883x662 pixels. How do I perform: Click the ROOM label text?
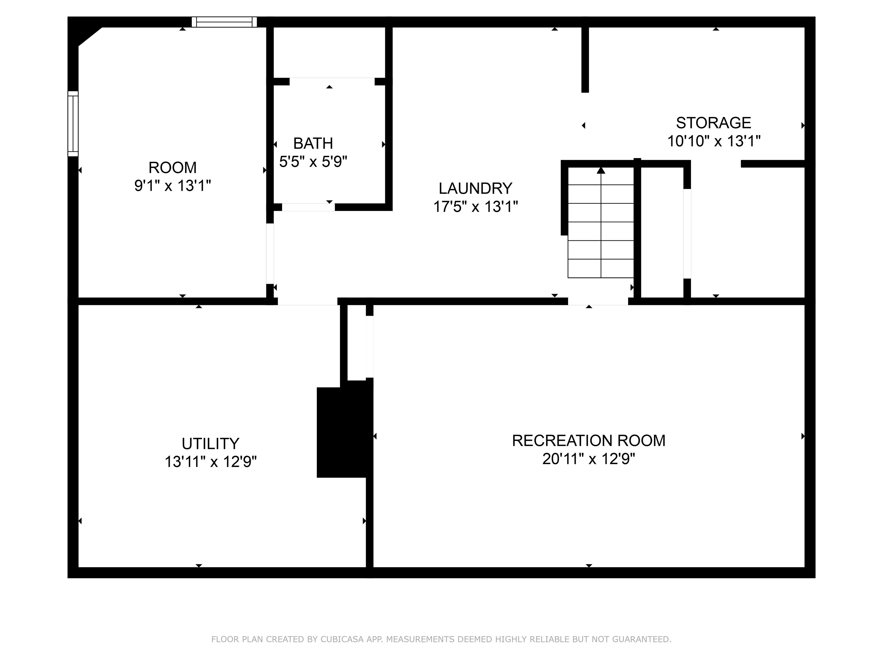point(172,168)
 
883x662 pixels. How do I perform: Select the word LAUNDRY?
point(475,188)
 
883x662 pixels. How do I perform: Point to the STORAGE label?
point(713,123)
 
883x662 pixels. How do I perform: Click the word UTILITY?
point(210,444)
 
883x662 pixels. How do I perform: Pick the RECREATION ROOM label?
point(588,440)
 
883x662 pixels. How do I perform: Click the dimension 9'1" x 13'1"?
point(172,186)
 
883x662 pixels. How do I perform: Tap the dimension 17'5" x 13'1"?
point(475,207)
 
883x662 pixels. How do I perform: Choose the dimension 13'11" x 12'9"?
point(210,462)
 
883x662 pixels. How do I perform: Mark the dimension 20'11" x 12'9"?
point(588,459)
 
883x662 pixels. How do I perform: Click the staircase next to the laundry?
point(601,231)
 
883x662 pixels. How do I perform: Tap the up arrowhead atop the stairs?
point(601,171)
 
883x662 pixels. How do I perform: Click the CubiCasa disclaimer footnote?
point(441,639)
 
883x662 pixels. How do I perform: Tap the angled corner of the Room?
point(89,36)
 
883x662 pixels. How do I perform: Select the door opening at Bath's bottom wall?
point(308,207)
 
